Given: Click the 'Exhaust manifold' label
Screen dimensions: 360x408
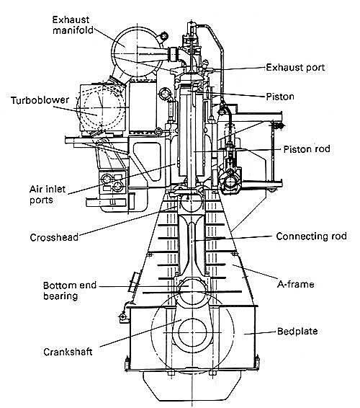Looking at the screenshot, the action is [x=73, y=25].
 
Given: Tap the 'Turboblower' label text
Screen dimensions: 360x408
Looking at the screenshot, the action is [x=40, y=100].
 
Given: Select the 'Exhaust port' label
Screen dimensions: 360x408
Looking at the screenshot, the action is [x=295, y=68].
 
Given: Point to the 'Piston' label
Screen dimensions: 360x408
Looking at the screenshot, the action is [x=280, y=97].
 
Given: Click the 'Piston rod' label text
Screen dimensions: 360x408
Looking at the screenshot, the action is [x=307, y=149].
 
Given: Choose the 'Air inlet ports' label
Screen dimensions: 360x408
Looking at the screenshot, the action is [x=48, y=195].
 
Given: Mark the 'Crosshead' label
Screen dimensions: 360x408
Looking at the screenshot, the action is [x=54, y=237].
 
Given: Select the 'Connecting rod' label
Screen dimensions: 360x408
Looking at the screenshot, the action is [x=311, y=236].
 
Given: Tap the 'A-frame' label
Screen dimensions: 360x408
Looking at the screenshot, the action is [x=295, y=284].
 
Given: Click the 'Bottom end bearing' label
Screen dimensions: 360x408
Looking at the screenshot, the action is [x=70, y=291].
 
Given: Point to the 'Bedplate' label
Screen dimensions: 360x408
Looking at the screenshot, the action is [x=297, y=332].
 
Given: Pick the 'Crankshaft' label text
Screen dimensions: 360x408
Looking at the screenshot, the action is [x=68, y=352].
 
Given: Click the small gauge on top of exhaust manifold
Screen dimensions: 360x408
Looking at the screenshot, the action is [x=164, y=36].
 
